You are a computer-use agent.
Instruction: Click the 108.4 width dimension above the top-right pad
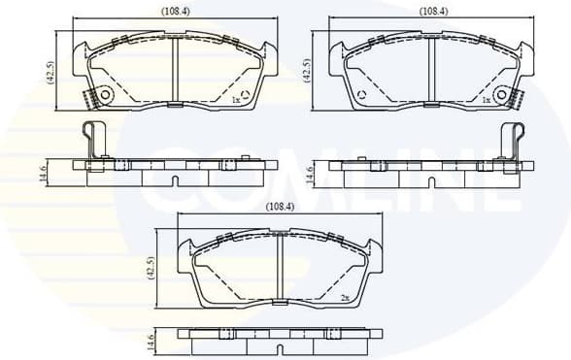coord(433,11)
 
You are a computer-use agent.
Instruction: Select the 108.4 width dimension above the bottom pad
coord(281,207)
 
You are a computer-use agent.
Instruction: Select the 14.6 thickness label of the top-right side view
coord(310,176)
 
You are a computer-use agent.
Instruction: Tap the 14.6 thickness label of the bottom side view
coord(151,341)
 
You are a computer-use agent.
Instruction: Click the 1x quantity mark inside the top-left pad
coord(236,99)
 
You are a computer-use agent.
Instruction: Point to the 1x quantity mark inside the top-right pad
coord(485,99)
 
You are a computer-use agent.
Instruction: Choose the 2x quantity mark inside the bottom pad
coord(344,297)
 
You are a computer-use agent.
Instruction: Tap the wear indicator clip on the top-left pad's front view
coord(95,98)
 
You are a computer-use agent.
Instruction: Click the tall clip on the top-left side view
coord(93,142)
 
